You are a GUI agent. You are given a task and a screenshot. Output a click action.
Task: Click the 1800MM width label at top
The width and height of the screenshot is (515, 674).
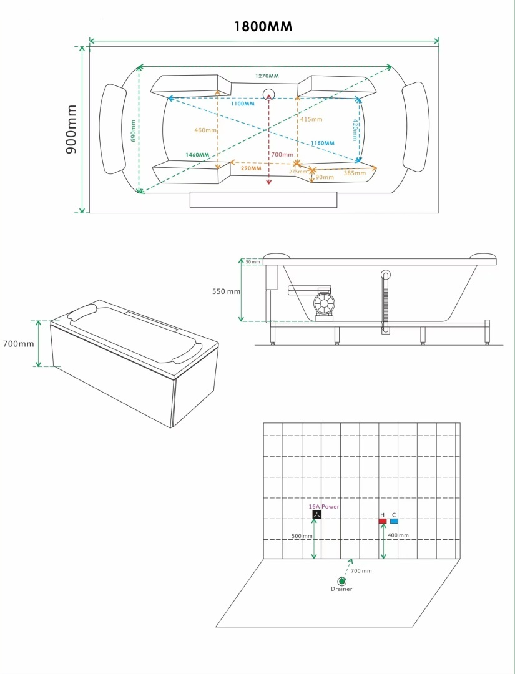(263, 27)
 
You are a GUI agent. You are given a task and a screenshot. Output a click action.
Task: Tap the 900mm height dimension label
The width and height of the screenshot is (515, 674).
(72, 129)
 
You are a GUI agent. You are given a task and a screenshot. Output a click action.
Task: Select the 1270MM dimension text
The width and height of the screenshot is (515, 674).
(267, 76)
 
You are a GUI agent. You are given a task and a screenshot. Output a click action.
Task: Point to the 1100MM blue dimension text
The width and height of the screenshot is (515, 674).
(242, 104)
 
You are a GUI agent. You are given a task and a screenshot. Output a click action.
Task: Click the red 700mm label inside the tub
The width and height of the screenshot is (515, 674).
(282, 154)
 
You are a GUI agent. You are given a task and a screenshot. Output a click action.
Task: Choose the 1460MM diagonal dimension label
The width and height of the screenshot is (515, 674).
(197, 155)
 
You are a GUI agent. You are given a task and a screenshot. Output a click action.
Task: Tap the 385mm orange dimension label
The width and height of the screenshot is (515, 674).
(354, 173)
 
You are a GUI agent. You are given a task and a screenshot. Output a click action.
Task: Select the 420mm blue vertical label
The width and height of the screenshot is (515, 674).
(355, 130)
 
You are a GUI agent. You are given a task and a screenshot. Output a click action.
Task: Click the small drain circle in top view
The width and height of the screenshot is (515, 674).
(268, 95)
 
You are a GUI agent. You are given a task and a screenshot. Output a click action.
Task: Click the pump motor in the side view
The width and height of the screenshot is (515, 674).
(324, 304)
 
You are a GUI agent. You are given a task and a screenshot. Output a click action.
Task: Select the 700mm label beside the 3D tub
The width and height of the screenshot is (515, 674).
(19, 344)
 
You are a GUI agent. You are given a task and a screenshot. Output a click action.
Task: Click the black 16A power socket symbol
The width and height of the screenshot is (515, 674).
(316, 515)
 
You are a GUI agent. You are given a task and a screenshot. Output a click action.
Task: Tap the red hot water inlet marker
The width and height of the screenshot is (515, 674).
(382, 521)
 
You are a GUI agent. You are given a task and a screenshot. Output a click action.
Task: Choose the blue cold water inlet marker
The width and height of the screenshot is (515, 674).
(394, 521)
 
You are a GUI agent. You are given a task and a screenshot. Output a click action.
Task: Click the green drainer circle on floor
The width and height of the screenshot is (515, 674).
(342, 581)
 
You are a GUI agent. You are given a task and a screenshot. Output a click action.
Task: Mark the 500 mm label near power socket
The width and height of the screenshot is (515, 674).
(302, 536)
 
